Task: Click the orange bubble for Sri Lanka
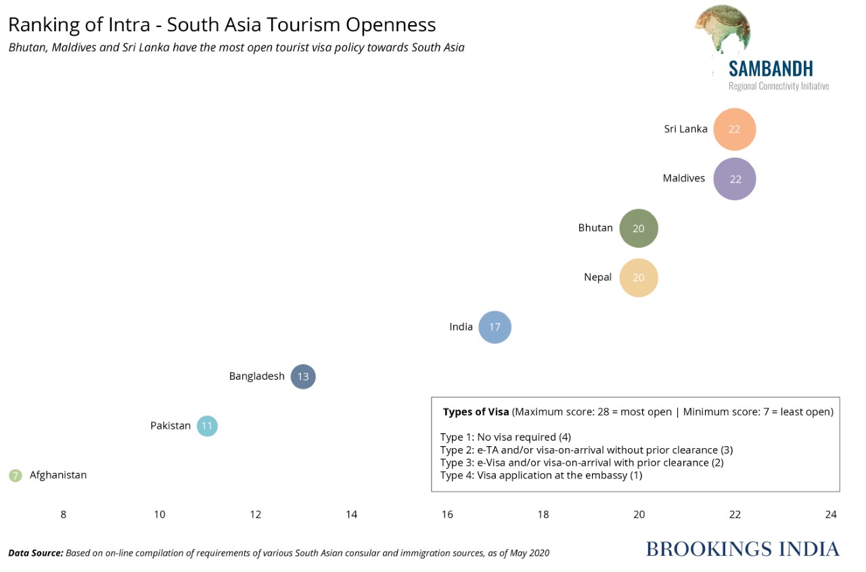pos(734,129)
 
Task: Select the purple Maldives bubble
pos(735,179)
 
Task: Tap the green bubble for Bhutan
pos(639,228)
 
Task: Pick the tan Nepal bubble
pos(639,278)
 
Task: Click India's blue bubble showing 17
pos(495,327)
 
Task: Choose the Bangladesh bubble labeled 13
pos(303,376)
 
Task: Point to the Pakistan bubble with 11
pos(207,426)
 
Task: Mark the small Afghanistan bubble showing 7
pos(15,475)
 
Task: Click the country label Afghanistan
pos(58,475)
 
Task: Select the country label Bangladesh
pos(256,376)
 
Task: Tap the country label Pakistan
pos(170,426)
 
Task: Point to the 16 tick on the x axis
pos(447,514)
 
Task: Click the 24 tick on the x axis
pos(831,514)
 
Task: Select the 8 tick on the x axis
pos(64,514)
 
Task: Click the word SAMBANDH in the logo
pos(771,68)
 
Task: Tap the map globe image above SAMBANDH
pos(722,30)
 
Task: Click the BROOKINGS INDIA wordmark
pos(742,549)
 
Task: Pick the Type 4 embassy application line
pos(541,475)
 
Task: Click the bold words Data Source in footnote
pos(36,553)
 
